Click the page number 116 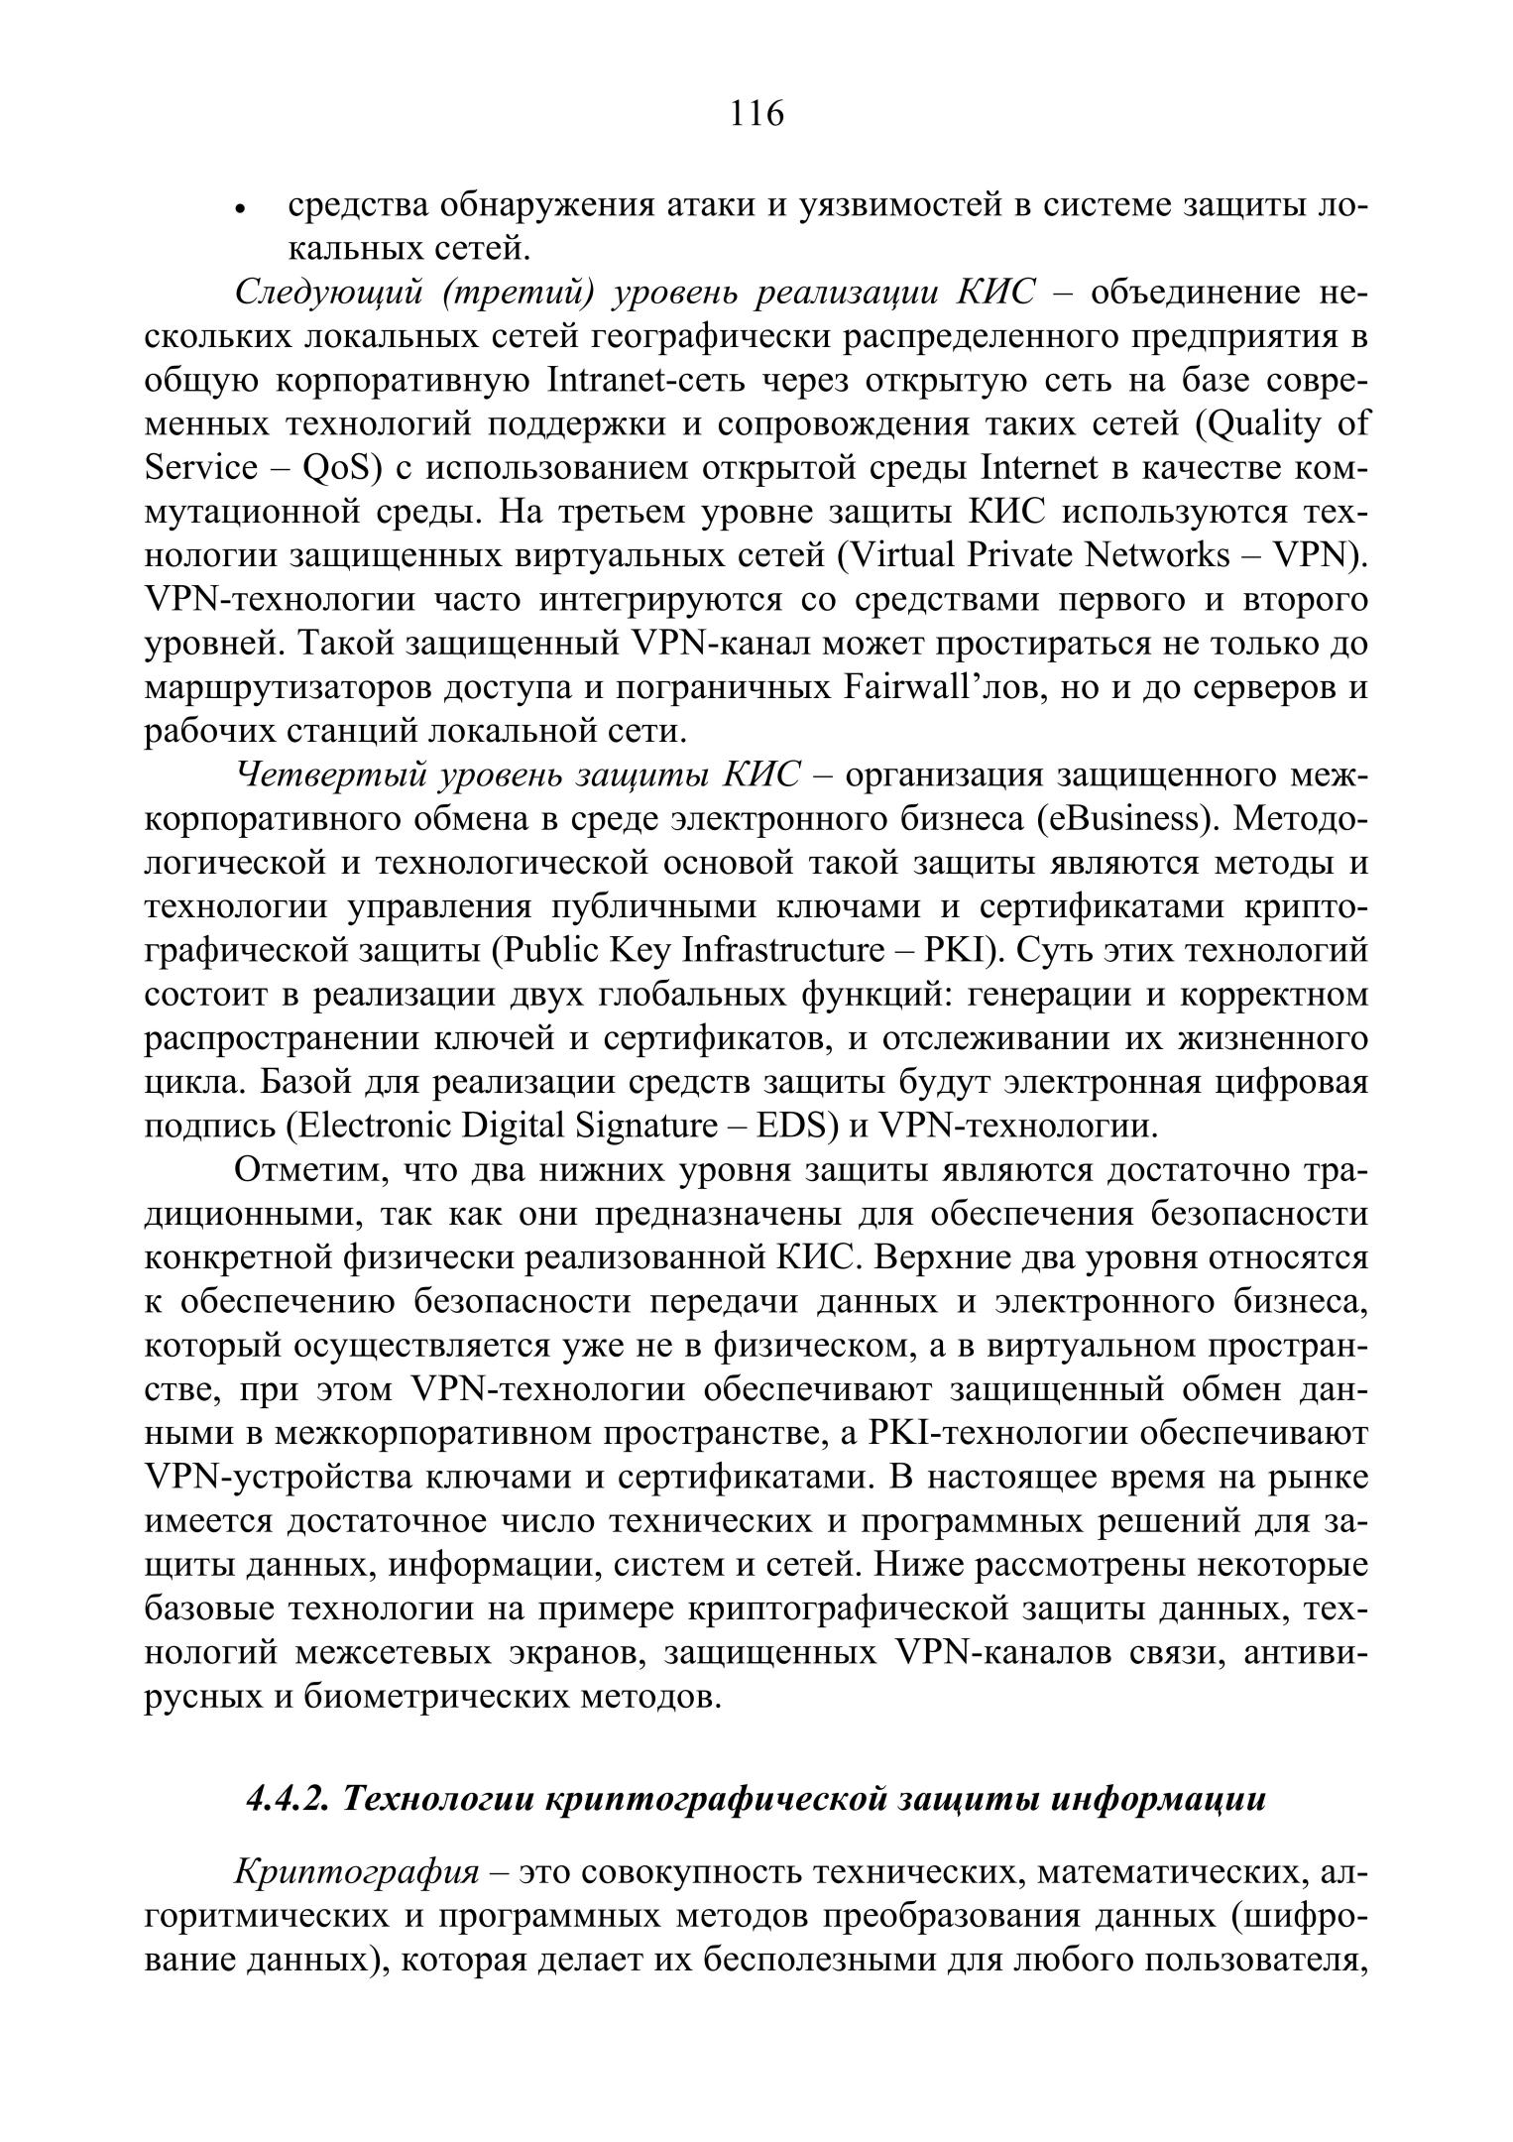[x=756, y=115]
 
